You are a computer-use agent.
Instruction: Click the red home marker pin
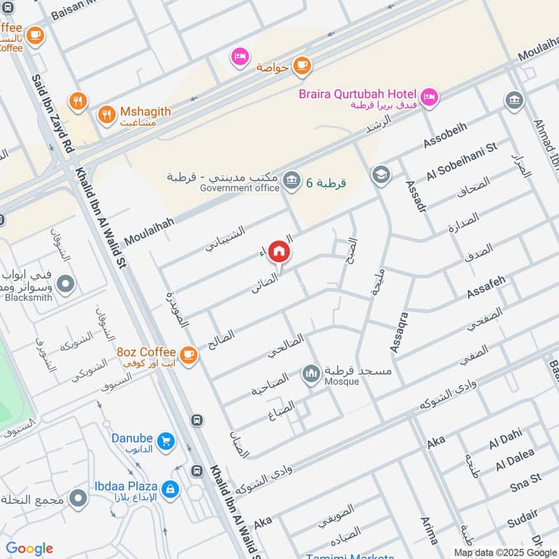[279, 251]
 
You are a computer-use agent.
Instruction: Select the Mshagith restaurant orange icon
[107, 114]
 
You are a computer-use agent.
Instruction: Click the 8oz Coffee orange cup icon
[188, 355]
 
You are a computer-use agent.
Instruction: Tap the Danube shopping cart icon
[166, 441]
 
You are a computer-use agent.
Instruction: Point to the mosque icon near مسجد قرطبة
[310, 374]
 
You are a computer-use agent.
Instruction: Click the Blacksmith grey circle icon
[66, 284]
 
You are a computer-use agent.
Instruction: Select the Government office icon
[292, 179]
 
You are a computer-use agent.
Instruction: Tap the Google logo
[29, 549]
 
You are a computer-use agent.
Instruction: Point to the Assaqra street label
[400, 332]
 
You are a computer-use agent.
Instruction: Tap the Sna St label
[525, 481]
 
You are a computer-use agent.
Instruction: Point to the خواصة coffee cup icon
[301, 65]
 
